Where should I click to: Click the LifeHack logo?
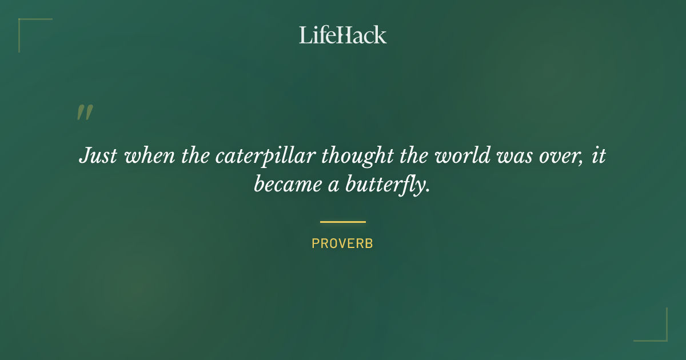point(343,35)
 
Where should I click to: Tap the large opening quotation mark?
point(84,112)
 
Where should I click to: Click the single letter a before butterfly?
point(334,186)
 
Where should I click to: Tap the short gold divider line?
point(343,222)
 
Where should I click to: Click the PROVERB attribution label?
point(342,243)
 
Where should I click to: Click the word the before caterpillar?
point(196,155)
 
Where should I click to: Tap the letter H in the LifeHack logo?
point(344,35)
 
